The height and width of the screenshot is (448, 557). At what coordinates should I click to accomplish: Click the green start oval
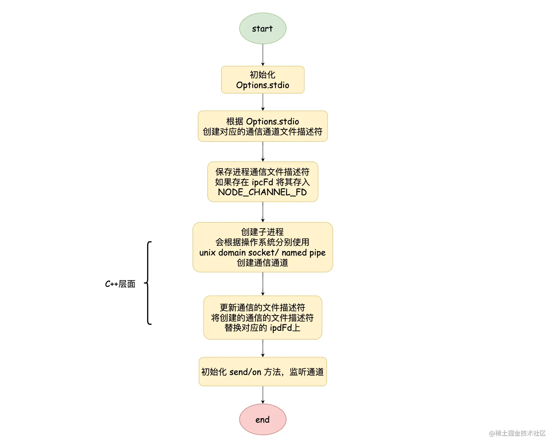(x=263, y=29)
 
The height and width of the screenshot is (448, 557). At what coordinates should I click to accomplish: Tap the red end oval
(x=263, y=419)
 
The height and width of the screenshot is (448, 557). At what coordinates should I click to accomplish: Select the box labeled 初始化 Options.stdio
(x=263, y=80)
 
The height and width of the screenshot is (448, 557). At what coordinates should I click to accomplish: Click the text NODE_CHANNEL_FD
(x=262, y=192)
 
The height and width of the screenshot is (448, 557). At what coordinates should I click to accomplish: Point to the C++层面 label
(x=120, y=284)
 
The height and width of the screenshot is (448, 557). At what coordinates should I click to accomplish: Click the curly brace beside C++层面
(x=149, y=283)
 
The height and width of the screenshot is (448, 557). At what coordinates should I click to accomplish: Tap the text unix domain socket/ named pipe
(x=262, y=253)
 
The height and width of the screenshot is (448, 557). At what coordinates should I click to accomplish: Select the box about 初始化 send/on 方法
(x=263, y=372)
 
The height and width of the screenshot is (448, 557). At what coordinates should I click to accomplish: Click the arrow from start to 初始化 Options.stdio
(x=263, y=55)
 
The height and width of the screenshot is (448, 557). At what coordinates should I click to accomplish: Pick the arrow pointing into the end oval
(x=263, y=395)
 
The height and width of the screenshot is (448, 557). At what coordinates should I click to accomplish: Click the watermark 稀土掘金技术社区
(x=517, y=433)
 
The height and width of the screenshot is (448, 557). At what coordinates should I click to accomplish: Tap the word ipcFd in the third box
(x=262, y=182)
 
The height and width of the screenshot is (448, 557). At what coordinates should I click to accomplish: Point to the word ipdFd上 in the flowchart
(x=285, y=328)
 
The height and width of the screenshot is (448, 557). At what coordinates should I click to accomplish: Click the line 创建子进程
(x=262, y=232)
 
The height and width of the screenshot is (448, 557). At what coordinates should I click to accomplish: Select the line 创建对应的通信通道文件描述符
(x=262, y=132)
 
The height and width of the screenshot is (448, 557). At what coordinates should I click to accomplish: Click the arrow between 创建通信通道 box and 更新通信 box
(x=263, y=284)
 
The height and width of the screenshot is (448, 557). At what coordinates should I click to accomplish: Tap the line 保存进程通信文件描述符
(x=262, y=172)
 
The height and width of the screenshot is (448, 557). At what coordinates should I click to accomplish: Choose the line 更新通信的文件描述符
(x=262, y=307)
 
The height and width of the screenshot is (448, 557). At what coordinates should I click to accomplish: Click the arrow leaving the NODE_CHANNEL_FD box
(x=263, y=212)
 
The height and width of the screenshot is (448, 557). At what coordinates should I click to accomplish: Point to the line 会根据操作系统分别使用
(x=262, y=242)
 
